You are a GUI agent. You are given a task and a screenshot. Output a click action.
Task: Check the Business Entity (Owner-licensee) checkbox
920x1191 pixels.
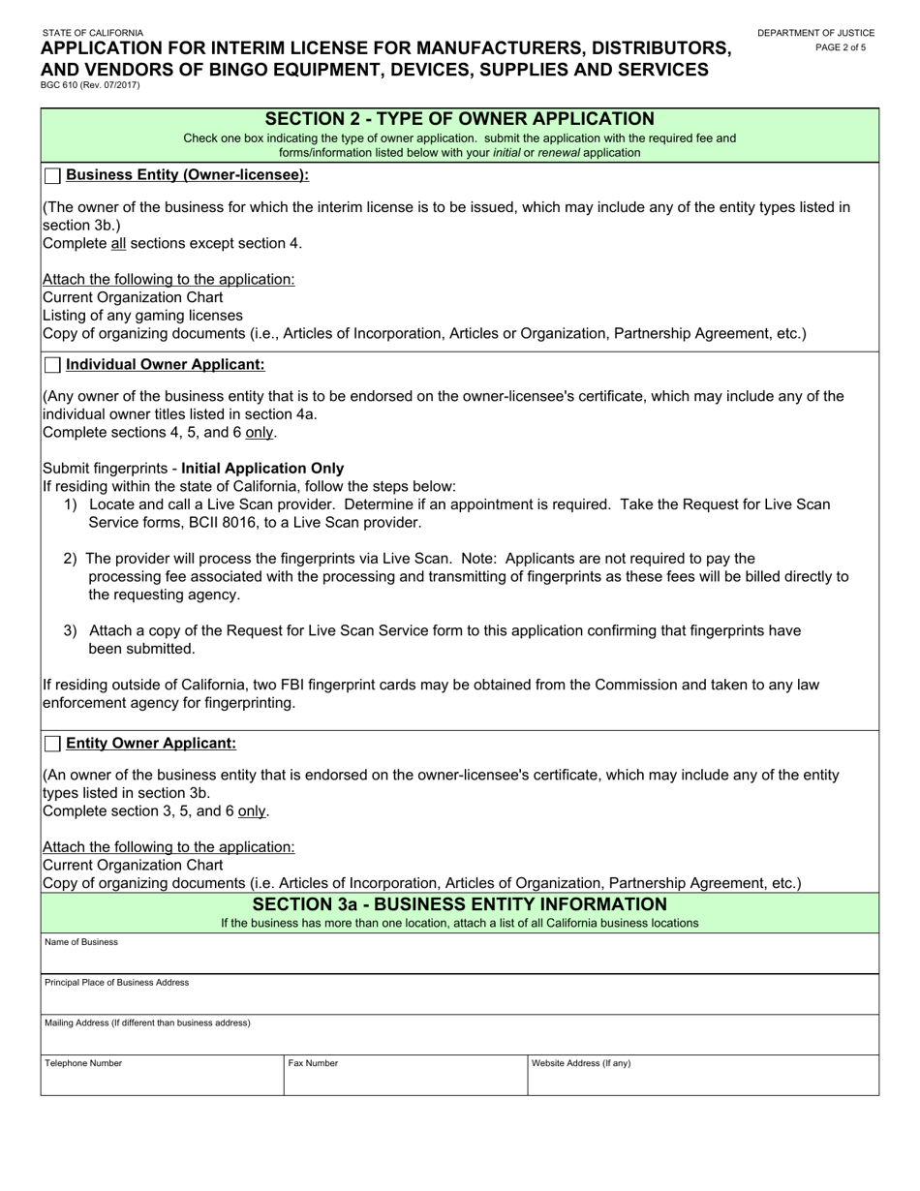52,175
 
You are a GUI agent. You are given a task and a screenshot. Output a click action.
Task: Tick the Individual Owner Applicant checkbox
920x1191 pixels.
52,365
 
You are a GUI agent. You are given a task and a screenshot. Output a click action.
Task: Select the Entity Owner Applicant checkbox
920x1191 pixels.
52,744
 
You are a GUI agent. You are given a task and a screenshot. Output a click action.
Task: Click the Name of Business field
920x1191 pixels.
459,959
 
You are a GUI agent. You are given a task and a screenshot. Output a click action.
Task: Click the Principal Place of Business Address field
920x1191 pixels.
459,999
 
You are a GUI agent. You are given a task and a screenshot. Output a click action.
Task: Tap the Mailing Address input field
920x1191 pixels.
459,1040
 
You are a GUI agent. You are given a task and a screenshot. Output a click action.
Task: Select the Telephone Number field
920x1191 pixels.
162,1080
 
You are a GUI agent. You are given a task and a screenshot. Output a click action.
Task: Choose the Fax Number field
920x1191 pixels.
405,1080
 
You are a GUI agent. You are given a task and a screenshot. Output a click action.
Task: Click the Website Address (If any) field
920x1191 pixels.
703,1080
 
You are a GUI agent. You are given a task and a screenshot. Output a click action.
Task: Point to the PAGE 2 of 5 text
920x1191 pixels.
841,46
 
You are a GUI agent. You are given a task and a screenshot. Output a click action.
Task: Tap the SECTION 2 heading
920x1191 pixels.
459,119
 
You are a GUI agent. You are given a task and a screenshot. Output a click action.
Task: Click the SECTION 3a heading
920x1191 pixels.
459,904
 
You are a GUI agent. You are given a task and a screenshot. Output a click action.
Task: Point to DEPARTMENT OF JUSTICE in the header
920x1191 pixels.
815,33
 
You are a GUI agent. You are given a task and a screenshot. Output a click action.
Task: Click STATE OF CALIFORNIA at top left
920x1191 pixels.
93,33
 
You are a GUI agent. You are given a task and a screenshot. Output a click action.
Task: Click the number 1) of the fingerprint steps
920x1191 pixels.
71,504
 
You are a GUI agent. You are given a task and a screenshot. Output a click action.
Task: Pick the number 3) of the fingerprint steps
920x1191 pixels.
71,630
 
